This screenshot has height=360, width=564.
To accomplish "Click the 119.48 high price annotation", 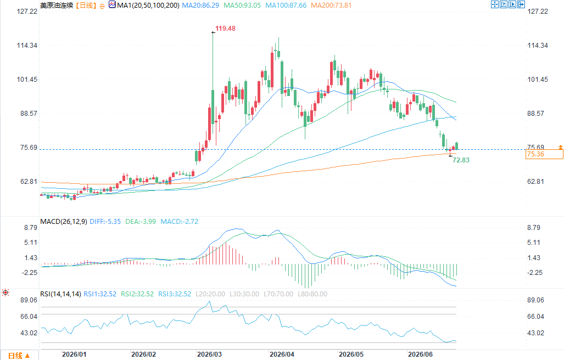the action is [x=225, y=29].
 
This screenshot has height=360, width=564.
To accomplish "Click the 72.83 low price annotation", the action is [x=461, y=160].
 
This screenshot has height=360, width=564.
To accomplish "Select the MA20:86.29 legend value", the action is [x=200, y=5].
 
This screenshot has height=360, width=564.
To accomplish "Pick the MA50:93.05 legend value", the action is [x=242, y=5].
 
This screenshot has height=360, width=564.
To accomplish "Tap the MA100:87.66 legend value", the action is [x=286, y=5].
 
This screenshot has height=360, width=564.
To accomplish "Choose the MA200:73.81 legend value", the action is [x=331, y=5].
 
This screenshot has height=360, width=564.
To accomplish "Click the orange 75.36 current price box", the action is [x=544, y=154].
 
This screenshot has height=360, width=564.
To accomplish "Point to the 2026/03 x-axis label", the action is [x=210, y=355].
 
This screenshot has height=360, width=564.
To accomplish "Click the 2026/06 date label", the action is [x=421, y=355].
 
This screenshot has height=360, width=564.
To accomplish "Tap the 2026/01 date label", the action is [x=74, y=355].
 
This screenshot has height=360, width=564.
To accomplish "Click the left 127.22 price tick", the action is [x=27, y=12].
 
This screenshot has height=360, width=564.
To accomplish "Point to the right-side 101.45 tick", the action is [x=538, y=80].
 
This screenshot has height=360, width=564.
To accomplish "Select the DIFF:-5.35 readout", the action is [x=105, y=222].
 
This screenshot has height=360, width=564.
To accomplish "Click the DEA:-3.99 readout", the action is [x=141, y=222].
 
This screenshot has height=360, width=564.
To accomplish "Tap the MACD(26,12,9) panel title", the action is [x=64, y=222].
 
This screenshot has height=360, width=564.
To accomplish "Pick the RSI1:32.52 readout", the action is [x=100, y=294].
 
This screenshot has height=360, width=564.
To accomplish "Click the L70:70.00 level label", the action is [x=278, y=294].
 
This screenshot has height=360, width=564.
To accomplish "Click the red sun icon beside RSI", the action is [x=5, y=292].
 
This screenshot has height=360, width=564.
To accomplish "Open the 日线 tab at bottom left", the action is [x=19, y=356].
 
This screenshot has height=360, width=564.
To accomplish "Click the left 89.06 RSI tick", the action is [x=29, y=300].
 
